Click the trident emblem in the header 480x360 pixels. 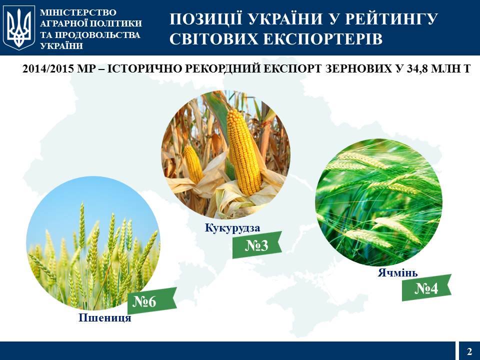(x=19, y=27)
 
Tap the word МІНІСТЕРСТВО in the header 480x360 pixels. (x=78, y=12)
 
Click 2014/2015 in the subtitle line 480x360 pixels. (x=48, y=69)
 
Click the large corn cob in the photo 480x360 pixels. (x=244, y=152)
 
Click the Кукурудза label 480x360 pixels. (x=232, y=228)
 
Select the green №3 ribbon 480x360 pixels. (x=257, y=245)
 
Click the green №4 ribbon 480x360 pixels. (x=426, y=288)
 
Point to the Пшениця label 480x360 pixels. (x=105, y=318)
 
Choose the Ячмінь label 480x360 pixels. (x=397, y=272)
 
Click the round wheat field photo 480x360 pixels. (x=93, y=243)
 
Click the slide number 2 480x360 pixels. (x=469, y=351)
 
